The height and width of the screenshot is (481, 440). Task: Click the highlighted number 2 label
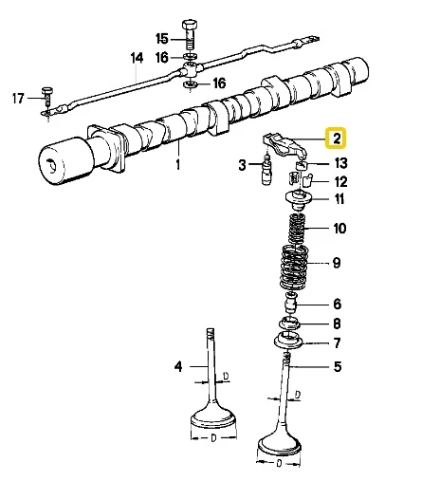[336, 139]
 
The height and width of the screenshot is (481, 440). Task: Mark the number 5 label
[337, 366]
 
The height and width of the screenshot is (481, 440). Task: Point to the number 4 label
[175, 366]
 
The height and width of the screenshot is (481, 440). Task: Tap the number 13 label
[340, 164]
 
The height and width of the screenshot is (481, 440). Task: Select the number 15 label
[161, 39]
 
